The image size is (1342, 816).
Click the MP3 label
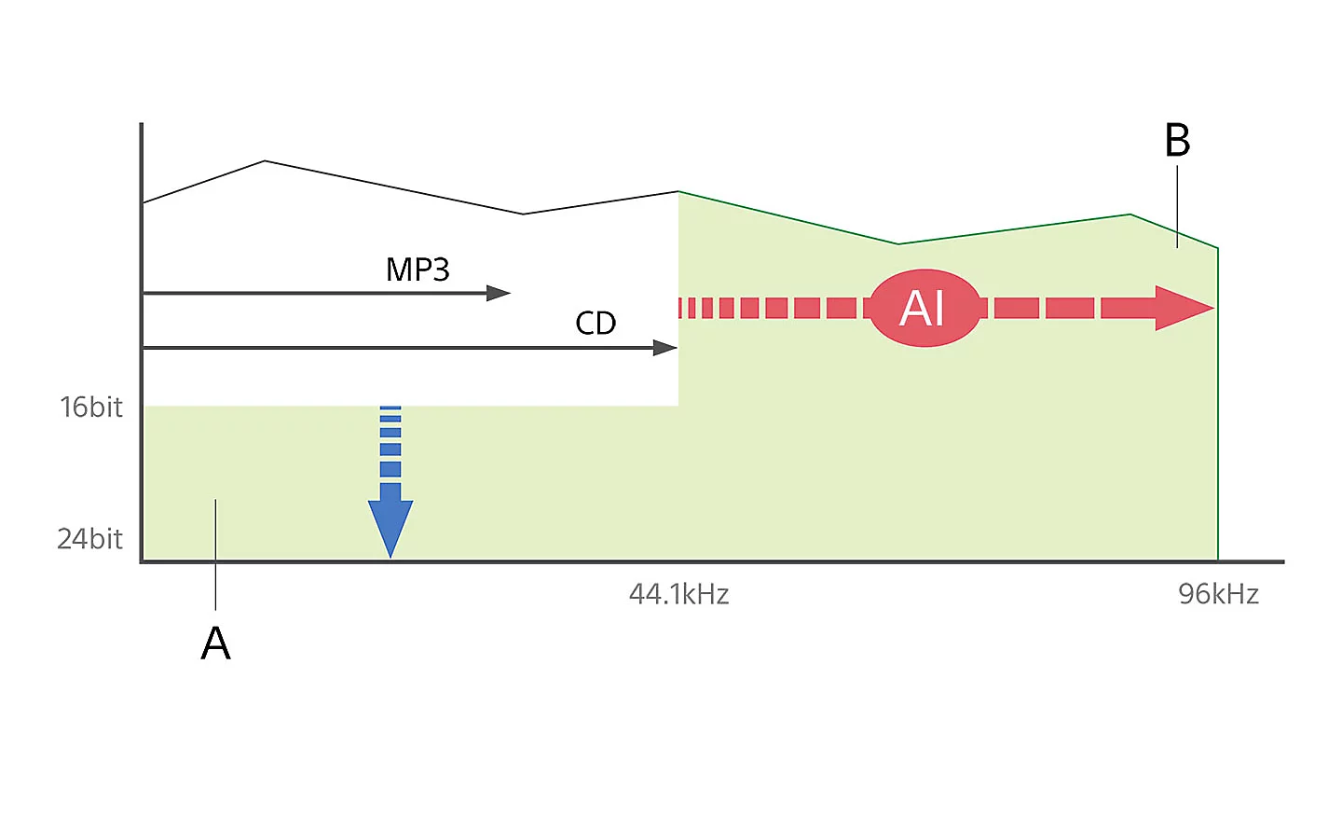tap(418, 270)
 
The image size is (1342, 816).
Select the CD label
tap(596, 323)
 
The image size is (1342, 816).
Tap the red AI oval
tap(924, 308)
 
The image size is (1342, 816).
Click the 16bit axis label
tap(91, 407)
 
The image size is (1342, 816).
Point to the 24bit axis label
tap(89, 538)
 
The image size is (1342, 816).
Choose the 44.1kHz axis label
tap(678, 594)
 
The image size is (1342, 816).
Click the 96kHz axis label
tap(1218, 594)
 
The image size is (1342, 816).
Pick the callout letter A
tap(215, 643)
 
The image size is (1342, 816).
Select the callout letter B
tap(1177, 141)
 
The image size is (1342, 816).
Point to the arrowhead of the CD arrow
tap(664, 348)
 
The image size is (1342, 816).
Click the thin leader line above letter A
tap(215, 555)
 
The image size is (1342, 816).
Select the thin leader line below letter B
tap(1177, 205)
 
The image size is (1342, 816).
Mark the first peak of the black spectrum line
tap(265, 161)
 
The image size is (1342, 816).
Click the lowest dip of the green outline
tap(898, 244)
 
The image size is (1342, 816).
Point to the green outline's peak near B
tap(1130, 214)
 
